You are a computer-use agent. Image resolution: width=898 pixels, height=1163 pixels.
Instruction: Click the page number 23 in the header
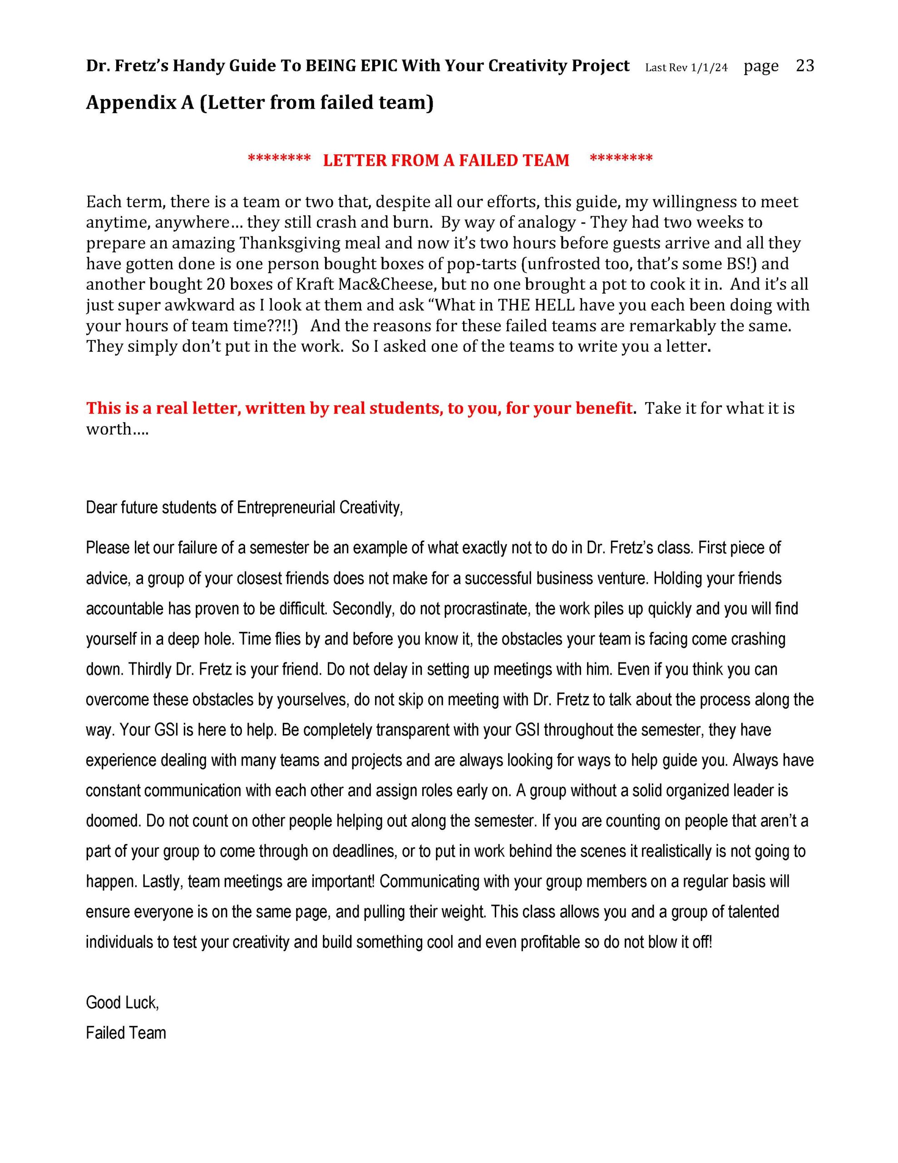804,65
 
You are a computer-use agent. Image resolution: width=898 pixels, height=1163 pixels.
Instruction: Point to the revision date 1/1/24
709,68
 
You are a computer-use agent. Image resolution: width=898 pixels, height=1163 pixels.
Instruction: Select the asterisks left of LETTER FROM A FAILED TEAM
279,159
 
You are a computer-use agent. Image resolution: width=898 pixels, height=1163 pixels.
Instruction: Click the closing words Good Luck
122,1003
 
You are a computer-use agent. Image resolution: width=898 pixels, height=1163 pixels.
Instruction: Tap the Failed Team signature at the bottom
126,1033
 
